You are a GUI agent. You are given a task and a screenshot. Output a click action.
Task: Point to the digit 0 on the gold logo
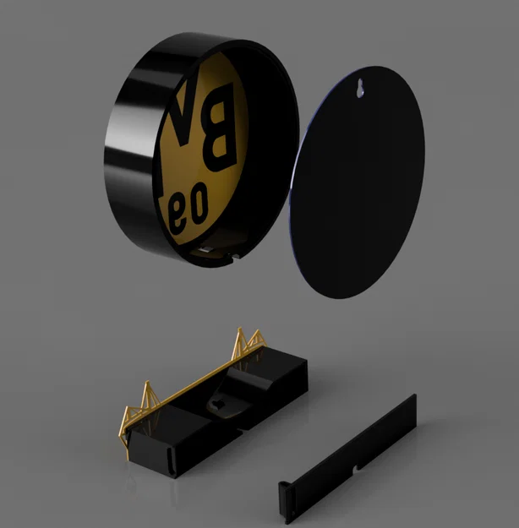(x=199, y=206)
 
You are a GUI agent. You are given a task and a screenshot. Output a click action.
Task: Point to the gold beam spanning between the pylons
(x=194, y=384)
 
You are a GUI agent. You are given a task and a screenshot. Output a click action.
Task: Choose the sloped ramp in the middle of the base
(x=254, y=384)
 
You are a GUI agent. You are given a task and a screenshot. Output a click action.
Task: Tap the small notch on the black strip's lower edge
(x=358, y=467)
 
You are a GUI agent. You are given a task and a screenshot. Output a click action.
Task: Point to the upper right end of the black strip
(x=411, y=404)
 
